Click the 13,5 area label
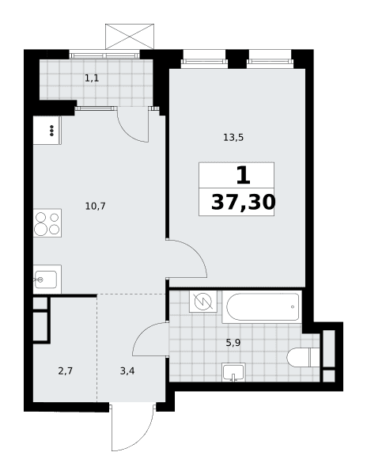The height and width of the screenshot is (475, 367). coord(233,138)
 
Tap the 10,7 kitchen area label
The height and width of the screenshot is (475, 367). coord(95,207)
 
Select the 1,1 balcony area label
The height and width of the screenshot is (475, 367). coord(92,78)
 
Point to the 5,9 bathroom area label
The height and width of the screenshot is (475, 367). coord(233,343)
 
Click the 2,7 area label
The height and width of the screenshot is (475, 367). coord(66,370)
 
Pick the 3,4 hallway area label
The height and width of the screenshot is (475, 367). coord(127,370)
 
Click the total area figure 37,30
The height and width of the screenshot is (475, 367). coord(244,202)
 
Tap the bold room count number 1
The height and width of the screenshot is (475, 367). coord(244,176)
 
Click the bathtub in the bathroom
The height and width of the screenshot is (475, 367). coord(263,306)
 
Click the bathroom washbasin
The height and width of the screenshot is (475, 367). coord(233,372)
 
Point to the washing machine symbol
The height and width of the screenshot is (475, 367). coord(203,302)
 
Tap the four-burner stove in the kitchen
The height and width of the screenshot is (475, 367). coord(47,223)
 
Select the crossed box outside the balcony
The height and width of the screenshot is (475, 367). coord(130,36)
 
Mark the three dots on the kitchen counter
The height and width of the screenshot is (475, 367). coord(51,131)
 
